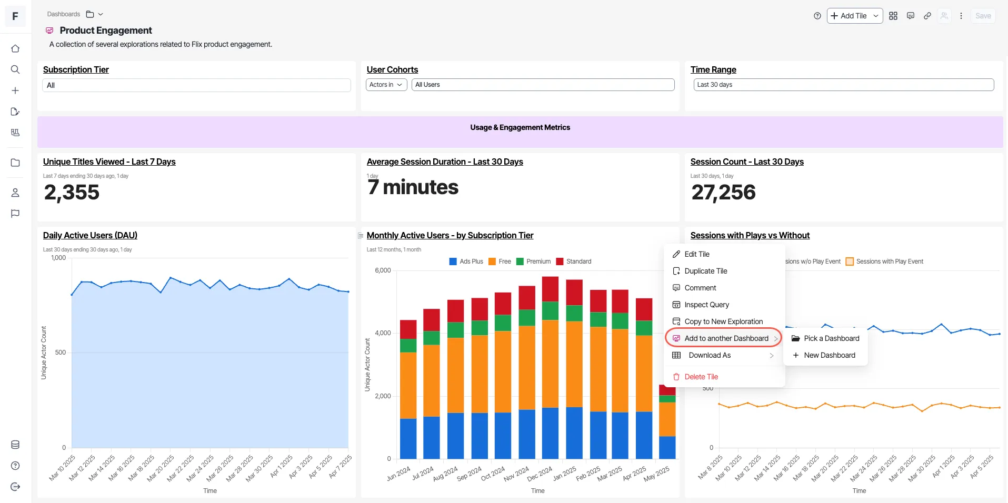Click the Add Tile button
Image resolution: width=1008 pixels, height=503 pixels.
click(854, 16)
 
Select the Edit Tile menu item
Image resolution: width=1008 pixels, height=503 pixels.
click(697, 254)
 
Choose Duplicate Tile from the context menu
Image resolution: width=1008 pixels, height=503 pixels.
click(706, 271)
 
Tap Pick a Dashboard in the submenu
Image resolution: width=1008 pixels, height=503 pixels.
click(831, 338)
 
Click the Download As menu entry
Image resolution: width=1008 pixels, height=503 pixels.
click(710, 355)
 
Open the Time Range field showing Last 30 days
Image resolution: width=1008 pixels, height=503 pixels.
click(844, 85)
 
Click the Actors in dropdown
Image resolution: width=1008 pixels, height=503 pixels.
click(386, 85)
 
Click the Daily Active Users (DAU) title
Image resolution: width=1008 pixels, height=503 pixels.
click(90, 235)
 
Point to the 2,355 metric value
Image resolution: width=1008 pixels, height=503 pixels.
click(72, 193)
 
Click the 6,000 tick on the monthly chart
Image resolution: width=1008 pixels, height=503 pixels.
click(383, 270)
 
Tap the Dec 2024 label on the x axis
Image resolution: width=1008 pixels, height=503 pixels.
click(540, 473)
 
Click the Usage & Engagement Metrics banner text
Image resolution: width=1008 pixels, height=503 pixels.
click(520, 127)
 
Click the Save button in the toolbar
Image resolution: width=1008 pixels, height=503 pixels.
click(983, 16)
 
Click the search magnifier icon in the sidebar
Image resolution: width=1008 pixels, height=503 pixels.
click(15, 69)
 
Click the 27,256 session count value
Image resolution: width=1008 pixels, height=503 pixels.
click(723, 193)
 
